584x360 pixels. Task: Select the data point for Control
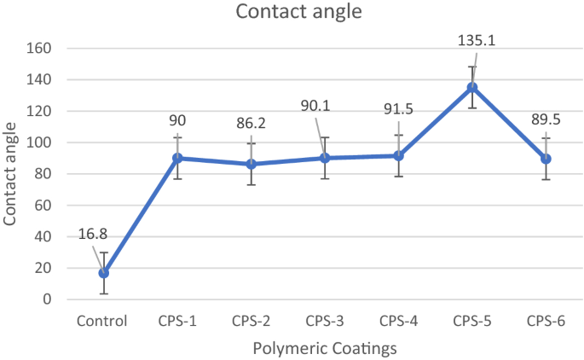(x=103, y=273)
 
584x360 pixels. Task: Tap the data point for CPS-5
(x=471, y=87)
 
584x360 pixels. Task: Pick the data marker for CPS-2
(x=251, y=164)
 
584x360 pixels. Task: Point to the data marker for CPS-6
(x=546, y=159)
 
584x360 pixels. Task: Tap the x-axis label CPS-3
(x=324, y=322)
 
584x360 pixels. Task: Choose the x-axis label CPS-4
(x=398, y=322)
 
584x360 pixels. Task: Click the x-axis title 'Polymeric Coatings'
(x=324, y=347)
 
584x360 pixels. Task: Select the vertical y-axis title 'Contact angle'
(x=11, y=174)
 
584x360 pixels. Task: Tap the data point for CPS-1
(x=177, y=158)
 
